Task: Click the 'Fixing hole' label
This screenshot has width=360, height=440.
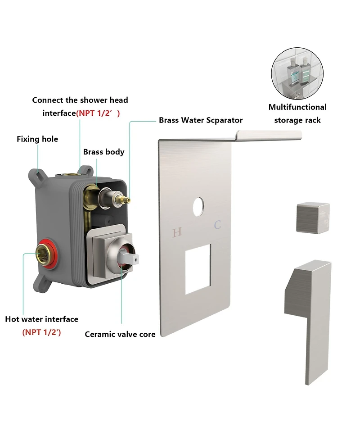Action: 37,139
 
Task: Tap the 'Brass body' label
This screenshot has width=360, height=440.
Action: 104,152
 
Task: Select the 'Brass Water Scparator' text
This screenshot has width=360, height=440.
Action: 201,120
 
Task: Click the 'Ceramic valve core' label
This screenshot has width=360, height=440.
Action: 120,334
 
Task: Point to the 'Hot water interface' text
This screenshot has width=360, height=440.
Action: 42,319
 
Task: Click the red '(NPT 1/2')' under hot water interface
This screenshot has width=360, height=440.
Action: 41,332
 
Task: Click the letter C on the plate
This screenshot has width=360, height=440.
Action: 217,225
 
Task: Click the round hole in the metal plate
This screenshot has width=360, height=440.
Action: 198,207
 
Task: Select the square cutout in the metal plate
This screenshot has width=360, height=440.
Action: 198,269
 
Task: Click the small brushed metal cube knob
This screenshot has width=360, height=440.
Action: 313,218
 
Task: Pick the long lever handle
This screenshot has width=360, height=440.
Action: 308,320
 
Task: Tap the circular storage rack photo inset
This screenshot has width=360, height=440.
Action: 297,73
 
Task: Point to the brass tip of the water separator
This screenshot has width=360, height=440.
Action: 127,200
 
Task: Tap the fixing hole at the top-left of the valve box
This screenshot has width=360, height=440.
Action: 37,175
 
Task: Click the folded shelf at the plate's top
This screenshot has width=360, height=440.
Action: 269,135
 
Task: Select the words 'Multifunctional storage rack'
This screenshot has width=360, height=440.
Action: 297,113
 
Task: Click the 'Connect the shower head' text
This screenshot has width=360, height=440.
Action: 80,100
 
